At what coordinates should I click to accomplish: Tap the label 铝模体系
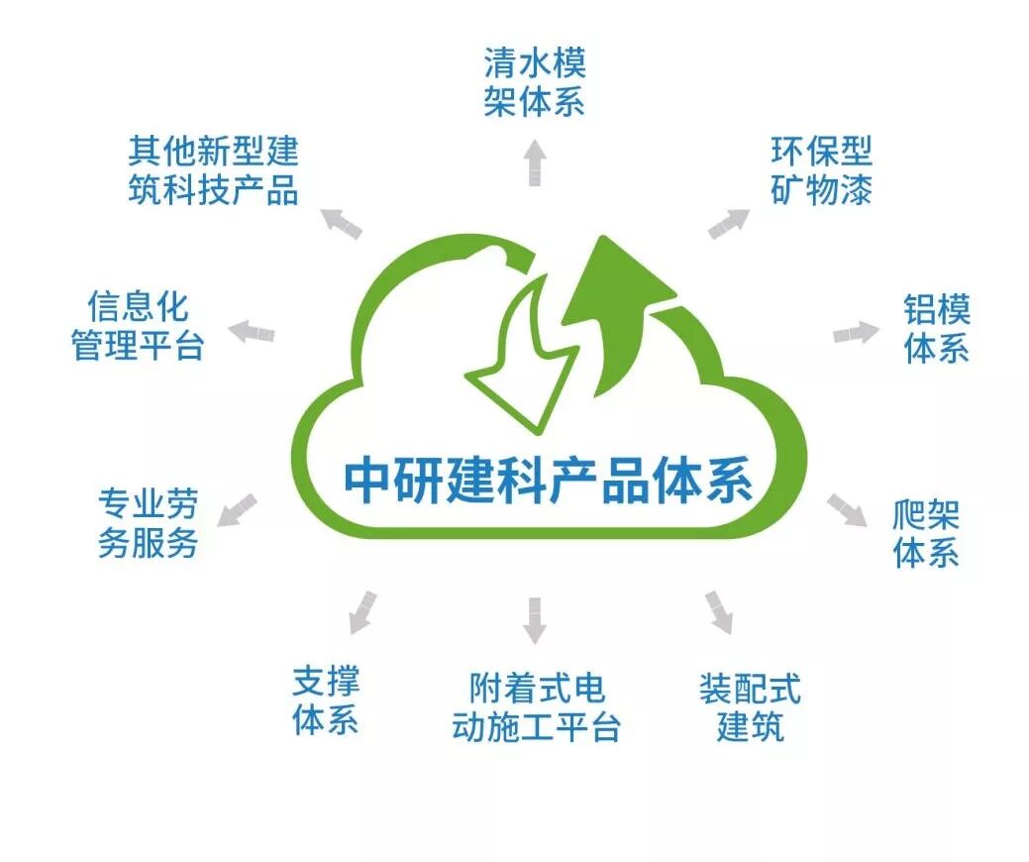tap(936, 329)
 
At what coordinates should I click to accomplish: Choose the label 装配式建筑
tap(750, 708)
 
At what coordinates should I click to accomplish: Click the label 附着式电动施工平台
tap(536, 708)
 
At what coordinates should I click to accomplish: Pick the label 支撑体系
tap(326, 700)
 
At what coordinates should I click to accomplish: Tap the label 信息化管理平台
tap(138, 326)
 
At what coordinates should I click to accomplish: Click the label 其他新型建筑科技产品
tap(213, 170)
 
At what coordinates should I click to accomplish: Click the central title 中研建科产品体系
tap(549, 481)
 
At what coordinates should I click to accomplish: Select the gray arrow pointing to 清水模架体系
tap(535, 162)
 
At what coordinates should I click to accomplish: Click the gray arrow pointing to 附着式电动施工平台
tap(536, 619)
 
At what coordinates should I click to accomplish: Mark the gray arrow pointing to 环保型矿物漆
tap(729, 224)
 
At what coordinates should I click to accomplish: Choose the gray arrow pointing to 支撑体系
tap(362, 611)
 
